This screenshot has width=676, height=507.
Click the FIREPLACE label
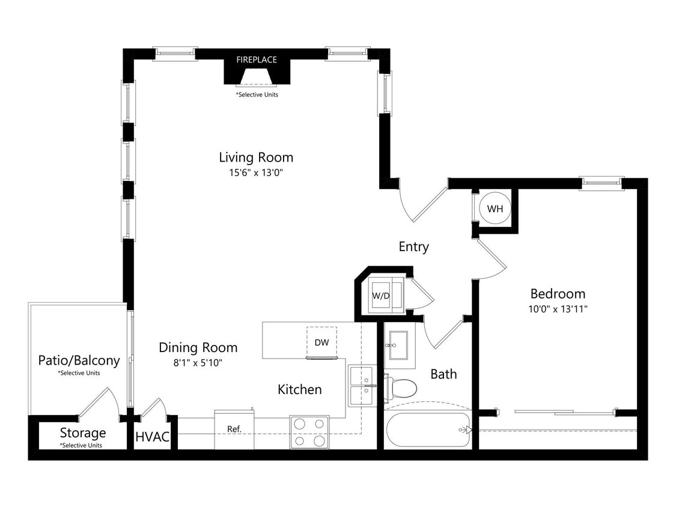click(x=257, y=59)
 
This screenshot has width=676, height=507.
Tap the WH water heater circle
click(x=495, y=209)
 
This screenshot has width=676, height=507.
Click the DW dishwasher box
click(x=321, y=342)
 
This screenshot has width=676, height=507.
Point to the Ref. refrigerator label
click(x=234, y=430)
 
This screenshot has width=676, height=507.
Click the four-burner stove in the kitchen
click(x=309, y=433)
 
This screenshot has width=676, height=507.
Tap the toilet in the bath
click(x=401, y=388)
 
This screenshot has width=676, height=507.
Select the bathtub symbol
click(x=427, y=430)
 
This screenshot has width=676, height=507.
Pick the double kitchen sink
click(x=362, y=386)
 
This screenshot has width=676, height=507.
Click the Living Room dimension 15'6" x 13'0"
click(x=256, y=173)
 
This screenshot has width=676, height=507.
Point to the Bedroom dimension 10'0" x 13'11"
click(x=558, y=309)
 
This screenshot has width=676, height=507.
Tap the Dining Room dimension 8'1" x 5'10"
click(x=198, y=362)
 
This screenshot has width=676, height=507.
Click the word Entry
click(x=413, y=247)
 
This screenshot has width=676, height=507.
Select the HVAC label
click(x=152, y=437)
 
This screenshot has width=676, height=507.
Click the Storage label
click(x=82, y=433)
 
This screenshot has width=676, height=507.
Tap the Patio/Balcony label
click(x=79, y=360)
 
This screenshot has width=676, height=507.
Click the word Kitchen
click(x=299, y=389)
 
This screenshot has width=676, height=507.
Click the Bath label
click(x=443, y=374)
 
